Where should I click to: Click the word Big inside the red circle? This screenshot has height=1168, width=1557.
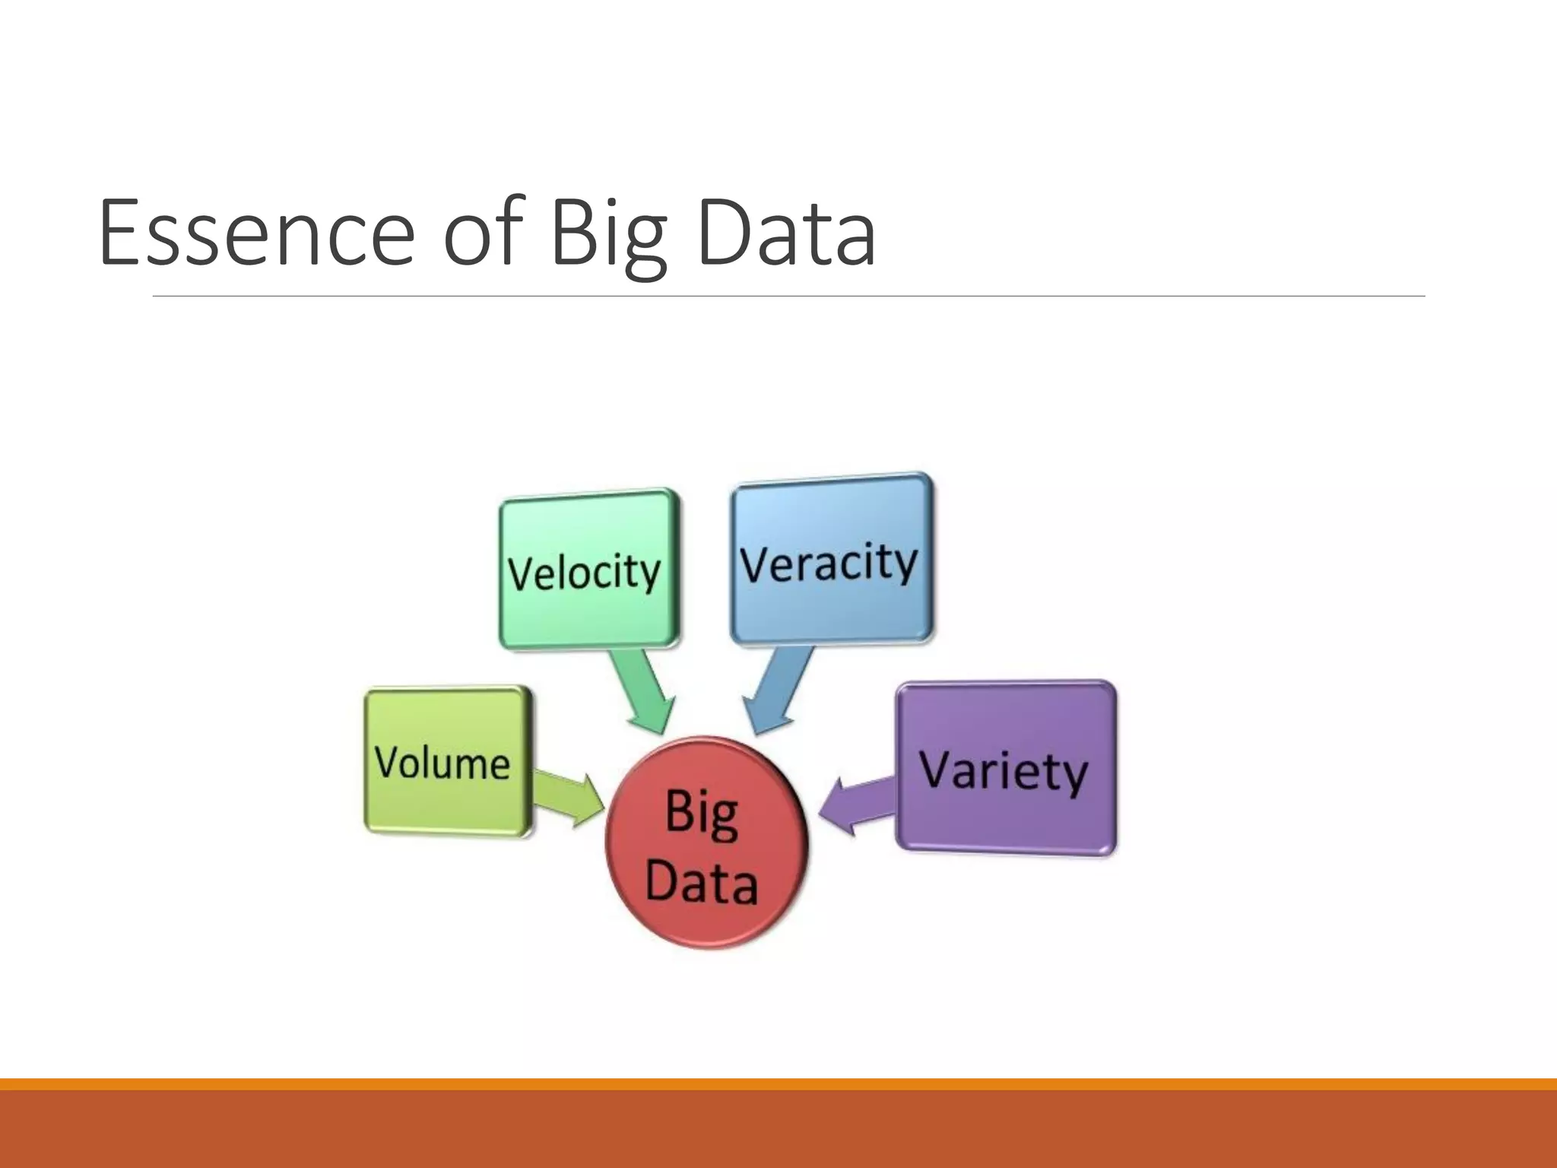pos(701,814)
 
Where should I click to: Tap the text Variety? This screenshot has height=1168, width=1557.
pos(1004,771)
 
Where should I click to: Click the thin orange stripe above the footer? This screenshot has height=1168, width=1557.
pos(778,1084)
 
